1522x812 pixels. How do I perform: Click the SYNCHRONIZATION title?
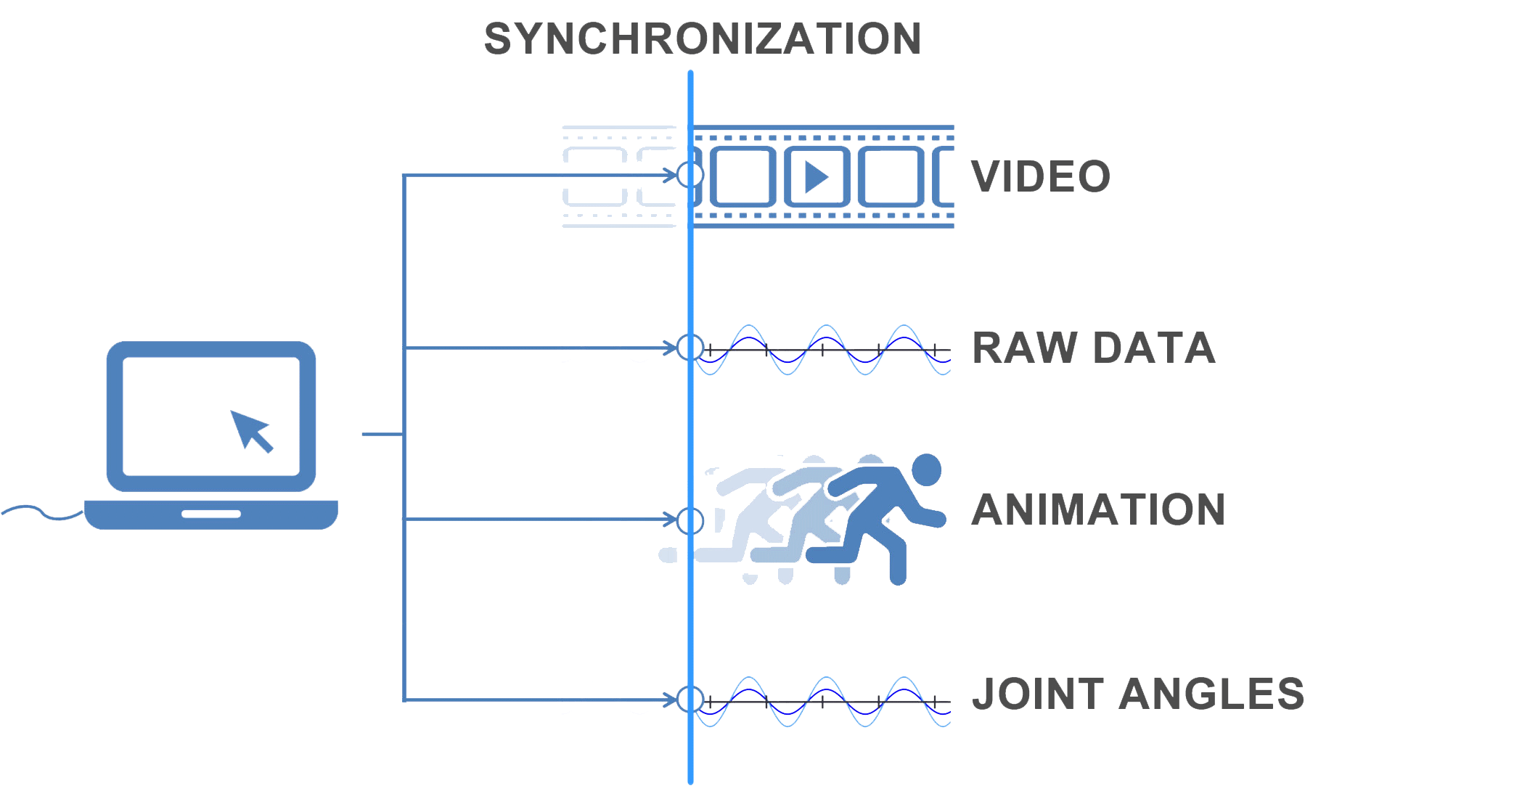click(x=703, y=39)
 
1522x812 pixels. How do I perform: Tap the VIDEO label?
click(x=1041, y=177)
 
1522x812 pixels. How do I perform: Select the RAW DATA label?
click(x=1093, y=348)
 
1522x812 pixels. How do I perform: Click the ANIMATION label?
click(x=1098, y=509)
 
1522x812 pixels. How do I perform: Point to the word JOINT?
click(x=1039, y=694)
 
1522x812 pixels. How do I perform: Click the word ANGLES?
click(x=1211, y=694)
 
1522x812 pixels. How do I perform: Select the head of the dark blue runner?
click(x=926, y=469)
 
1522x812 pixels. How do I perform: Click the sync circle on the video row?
click(x=690, y=175)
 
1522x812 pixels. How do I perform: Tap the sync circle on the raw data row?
click(x=690, y=348)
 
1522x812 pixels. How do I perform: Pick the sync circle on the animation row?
click(x=690, y=520)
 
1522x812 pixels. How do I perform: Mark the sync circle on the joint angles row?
click(x=690, y=700)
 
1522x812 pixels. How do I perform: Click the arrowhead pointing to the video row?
click(x=670, y=175)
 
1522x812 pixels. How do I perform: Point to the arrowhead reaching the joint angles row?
click(x=670, y=700)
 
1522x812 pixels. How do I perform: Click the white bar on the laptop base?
click(x=210, y=514)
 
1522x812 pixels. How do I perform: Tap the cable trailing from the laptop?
click(x=40, y=512)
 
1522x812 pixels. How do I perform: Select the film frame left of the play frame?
click(x=742, y=177)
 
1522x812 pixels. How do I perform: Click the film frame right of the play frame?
click(x=891, y=177)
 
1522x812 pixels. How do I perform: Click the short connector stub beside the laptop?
click(x=382, y=434)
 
